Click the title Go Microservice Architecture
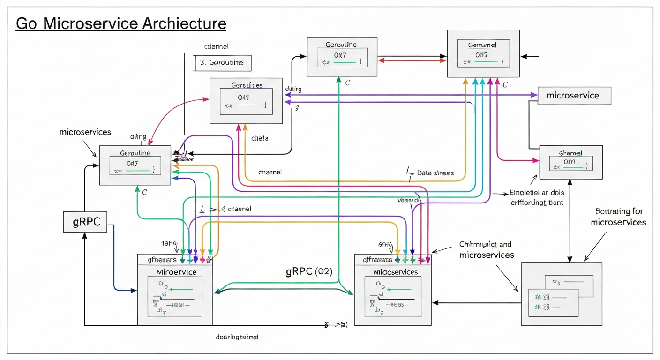pos(121,23)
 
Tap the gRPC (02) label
pos(309,272)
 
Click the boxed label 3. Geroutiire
pos(222,62)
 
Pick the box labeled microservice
pos(574,96)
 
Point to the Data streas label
pos(435,173)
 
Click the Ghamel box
pos(570,162)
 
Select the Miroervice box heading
pos(176,272)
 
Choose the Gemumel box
pos(483,53)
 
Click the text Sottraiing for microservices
pos(619,217)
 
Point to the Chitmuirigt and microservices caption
pos(486,249)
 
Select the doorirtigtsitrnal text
pos(237,337)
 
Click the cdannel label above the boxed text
pos(216,47)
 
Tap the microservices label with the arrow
pos(85,132)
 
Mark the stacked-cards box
pos(561,294)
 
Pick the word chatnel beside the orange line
pos(270,172)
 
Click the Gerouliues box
pos(246,100)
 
